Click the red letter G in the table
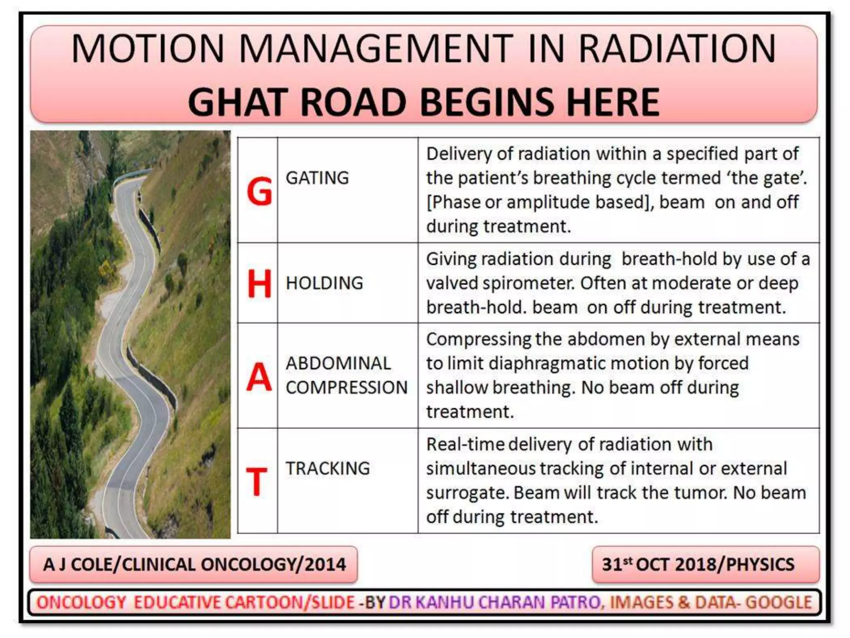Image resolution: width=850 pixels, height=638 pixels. click(259, 191)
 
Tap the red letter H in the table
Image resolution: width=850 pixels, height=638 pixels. click(259, 284)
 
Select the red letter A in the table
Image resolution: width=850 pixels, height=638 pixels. click(259, 377)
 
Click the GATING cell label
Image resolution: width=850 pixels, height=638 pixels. click(317, 178)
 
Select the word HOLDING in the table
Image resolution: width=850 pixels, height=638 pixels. click(324, 283)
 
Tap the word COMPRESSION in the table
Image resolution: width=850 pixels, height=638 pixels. click(347, 388)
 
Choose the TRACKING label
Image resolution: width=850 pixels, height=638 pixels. click(327, 469)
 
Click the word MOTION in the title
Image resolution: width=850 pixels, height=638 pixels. click(148, 49)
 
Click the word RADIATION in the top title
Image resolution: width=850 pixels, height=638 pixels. click(677, 49)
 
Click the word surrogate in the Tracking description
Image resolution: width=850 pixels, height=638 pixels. click(467, 493)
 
